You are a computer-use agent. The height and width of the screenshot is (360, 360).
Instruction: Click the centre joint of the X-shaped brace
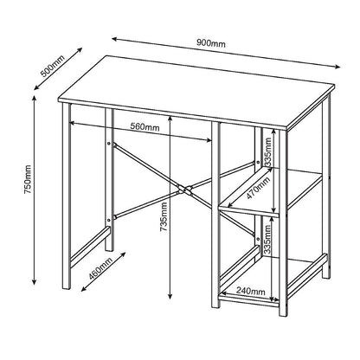(183, 188)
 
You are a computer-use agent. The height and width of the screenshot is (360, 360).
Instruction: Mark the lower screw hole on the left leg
(109, 221)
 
